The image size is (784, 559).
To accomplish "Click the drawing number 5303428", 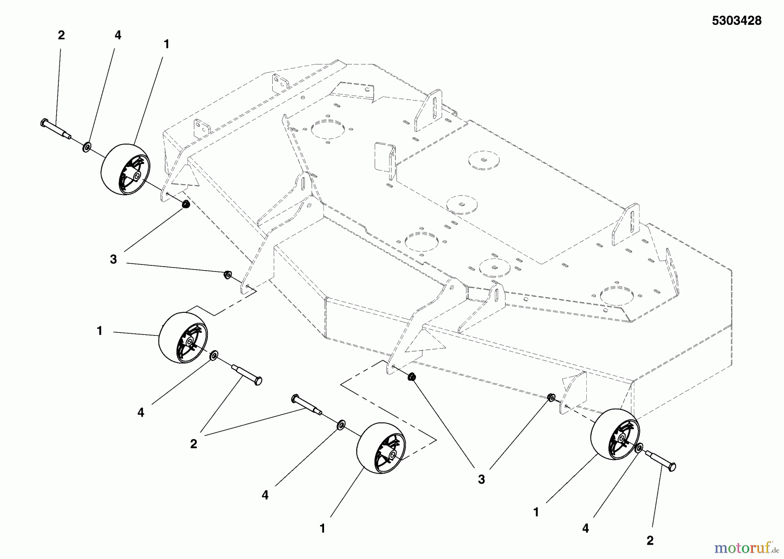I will pyautogui.click(x=737, y=21).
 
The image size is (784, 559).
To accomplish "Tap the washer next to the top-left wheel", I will pyautogui.click(x=87, y=147).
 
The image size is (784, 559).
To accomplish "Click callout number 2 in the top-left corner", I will pyautogui.click(x=61, y=36).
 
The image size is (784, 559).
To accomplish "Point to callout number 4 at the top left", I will pyautogui.click(x=118, y=36).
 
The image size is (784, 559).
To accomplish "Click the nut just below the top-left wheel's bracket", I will pyautogui.click(x=185, y=204).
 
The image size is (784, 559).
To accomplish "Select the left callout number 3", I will pyautogui.click(x=113, y=260).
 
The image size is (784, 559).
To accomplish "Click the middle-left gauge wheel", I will pyautogui.click(x=183, y=338).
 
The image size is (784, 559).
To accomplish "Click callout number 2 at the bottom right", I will pyautogui.click(x=650, y=541).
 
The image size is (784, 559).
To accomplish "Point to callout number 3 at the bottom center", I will pyautogui.click(x=481, y=479).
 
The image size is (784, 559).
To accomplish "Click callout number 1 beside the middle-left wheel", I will pyautogui.click(x=100, y=331).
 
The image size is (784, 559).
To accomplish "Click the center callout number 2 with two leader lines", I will pyautogui.click(x=193, y=444).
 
